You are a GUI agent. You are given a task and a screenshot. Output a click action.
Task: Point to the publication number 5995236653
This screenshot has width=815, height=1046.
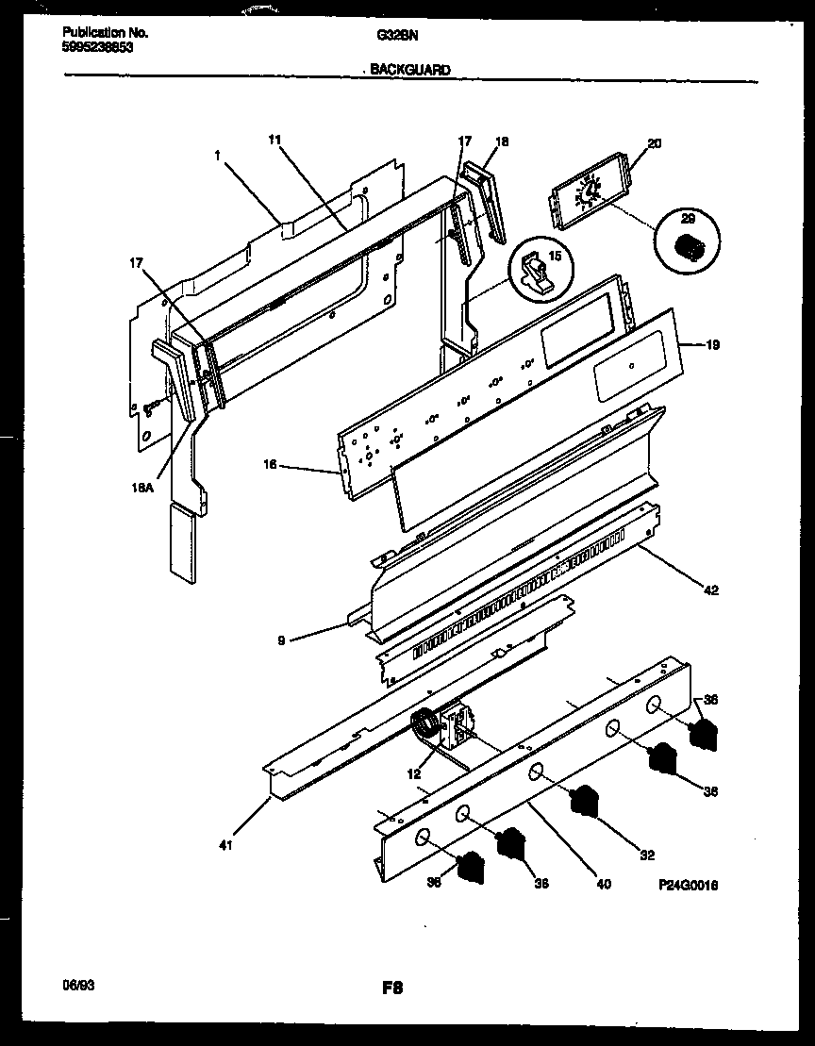[x=92, y=45]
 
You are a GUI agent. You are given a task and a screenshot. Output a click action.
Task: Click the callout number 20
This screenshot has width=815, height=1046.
[x=655, y=144]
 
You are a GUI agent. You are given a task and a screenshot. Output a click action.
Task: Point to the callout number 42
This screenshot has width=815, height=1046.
[x=711, y=590]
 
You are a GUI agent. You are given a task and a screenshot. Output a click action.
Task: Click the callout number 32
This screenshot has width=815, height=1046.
[x=646, y=855]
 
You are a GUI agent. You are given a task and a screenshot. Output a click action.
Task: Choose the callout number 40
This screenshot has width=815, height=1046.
[x=604, y=884]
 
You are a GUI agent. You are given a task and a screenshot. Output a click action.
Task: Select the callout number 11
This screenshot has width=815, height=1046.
[x=274, y=140]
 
